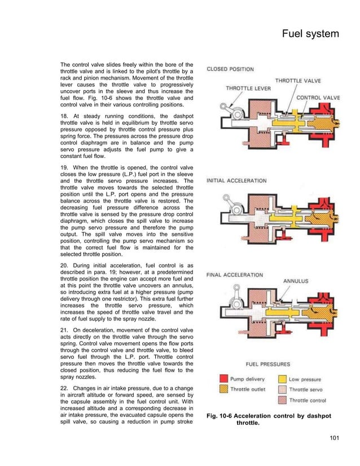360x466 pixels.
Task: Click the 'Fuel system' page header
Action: (310, 34)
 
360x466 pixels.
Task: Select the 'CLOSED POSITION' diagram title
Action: (230, 69)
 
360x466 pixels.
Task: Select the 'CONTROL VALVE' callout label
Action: (318, 98)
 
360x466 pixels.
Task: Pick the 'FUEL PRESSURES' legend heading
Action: (269, 364)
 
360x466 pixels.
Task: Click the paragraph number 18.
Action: (64, 114)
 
